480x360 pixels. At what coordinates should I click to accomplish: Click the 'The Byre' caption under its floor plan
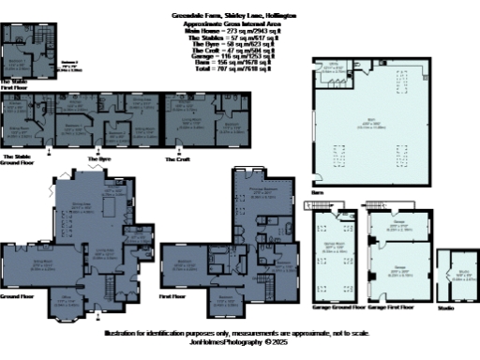click(99, 159)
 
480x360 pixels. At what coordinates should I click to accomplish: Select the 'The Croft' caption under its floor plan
click(177, 159)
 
